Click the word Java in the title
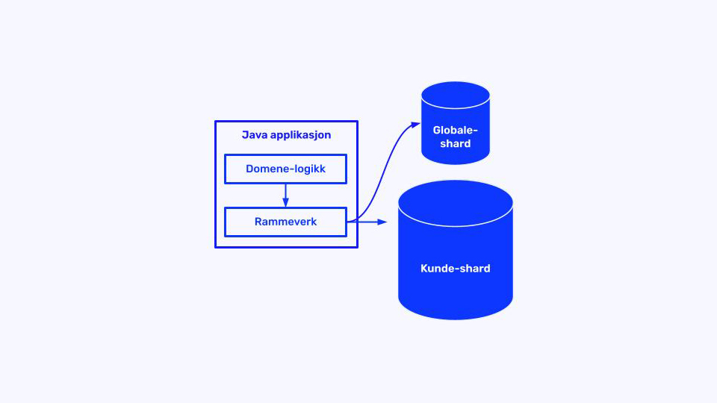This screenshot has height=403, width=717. pyautogui.click(x=253, y=135)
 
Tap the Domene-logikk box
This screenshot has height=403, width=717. pyautogui.click(x=285, y=169)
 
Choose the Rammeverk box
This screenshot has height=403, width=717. pyautogui.click(x=285, y=222)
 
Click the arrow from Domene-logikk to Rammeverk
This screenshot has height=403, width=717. pyautogui.click(x=285, y=196)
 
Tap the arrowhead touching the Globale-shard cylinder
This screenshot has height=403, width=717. pyautogui.click(x=416, y=125)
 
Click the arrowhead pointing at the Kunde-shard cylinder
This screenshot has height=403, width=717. pyautogui.click(x=383, y=222)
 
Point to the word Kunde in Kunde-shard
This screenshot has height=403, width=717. pyautogui.click(x=437, y=268)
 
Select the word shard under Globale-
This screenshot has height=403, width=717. pyautogui.click(x=455, y=143)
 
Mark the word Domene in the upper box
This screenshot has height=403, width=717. pyautogui.click(x=265, y=169)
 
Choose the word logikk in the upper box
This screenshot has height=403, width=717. pyautogui.click(x=308, y=169)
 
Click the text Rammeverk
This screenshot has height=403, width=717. pyautogui.click(x=285, y=222)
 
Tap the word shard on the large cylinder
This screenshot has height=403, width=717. pyautogui.click(x=474, y=268)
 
